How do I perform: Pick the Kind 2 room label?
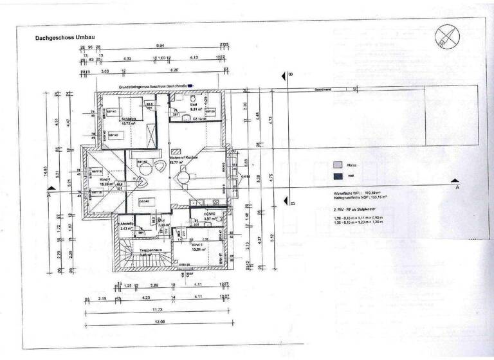tap(197, 245)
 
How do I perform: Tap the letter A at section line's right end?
tap(457, 188)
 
